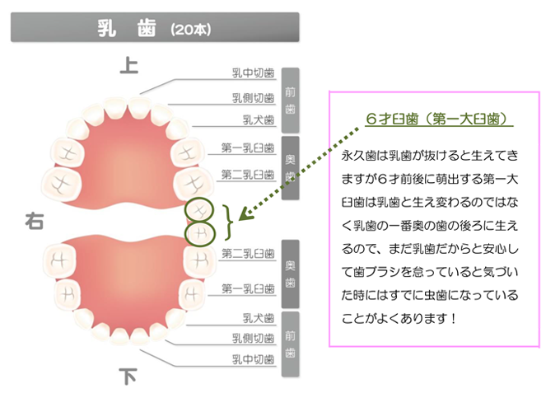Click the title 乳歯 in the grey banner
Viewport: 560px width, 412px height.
point(127,28)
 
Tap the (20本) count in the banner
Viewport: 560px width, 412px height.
point(191,30)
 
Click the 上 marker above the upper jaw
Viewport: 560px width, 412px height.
point(129,65)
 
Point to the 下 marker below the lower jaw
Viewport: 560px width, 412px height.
point(128,377)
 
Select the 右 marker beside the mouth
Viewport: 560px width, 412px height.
point(35,221)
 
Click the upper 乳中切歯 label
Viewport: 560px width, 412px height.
point(253,73)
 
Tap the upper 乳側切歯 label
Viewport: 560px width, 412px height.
point(253,98)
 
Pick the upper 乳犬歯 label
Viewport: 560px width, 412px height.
point(259,119)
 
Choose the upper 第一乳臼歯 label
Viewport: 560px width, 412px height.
point(248,147)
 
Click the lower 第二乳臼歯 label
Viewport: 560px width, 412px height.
point(248,253)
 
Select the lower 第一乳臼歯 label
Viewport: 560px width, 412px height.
point(248,288)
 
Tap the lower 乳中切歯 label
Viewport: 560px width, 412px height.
point(253,359)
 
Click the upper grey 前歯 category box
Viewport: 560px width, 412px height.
point(291,100)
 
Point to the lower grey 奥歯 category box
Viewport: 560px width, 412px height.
point(291,274)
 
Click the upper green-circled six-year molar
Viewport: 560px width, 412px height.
point(199,210)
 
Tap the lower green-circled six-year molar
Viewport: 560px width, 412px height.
point(200,234)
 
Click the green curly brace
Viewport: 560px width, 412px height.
point(227,222)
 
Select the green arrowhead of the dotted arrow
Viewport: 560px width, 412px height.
point(245,213)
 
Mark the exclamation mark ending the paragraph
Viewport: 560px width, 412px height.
point(453,318)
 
